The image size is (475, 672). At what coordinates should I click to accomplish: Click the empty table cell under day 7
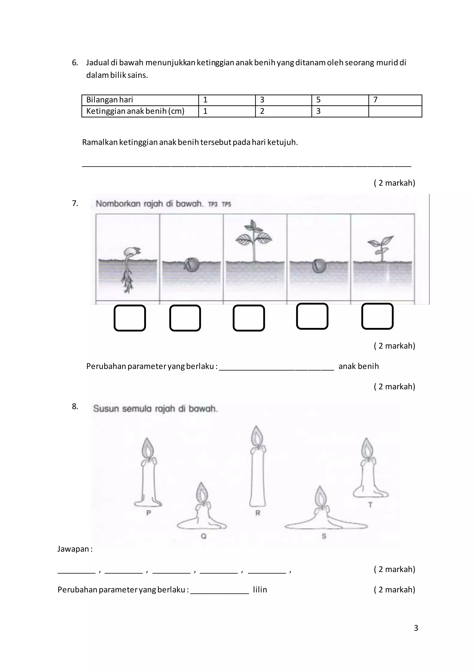click(395, 111)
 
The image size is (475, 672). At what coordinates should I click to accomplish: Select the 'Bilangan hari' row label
click(110, 100)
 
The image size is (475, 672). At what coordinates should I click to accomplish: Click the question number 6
click(75, 63)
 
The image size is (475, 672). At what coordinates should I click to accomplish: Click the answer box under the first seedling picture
click(130, 318)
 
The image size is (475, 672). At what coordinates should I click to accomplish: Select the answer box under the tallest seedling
click(249, 318)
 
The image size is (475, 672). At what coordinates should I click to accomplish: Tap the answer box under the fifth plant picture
click(377, 316)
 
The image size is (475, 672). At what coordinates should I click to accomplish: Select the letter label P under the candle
click(148, 513)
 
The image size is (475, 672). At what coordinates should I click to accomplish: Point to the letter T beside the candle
click(370, 505)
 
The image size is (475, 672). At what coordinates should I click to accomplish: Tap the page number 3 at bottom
click(416, 628)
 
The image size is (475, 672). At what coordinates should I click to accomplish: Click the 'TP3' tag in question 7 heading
click(213, 204)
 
